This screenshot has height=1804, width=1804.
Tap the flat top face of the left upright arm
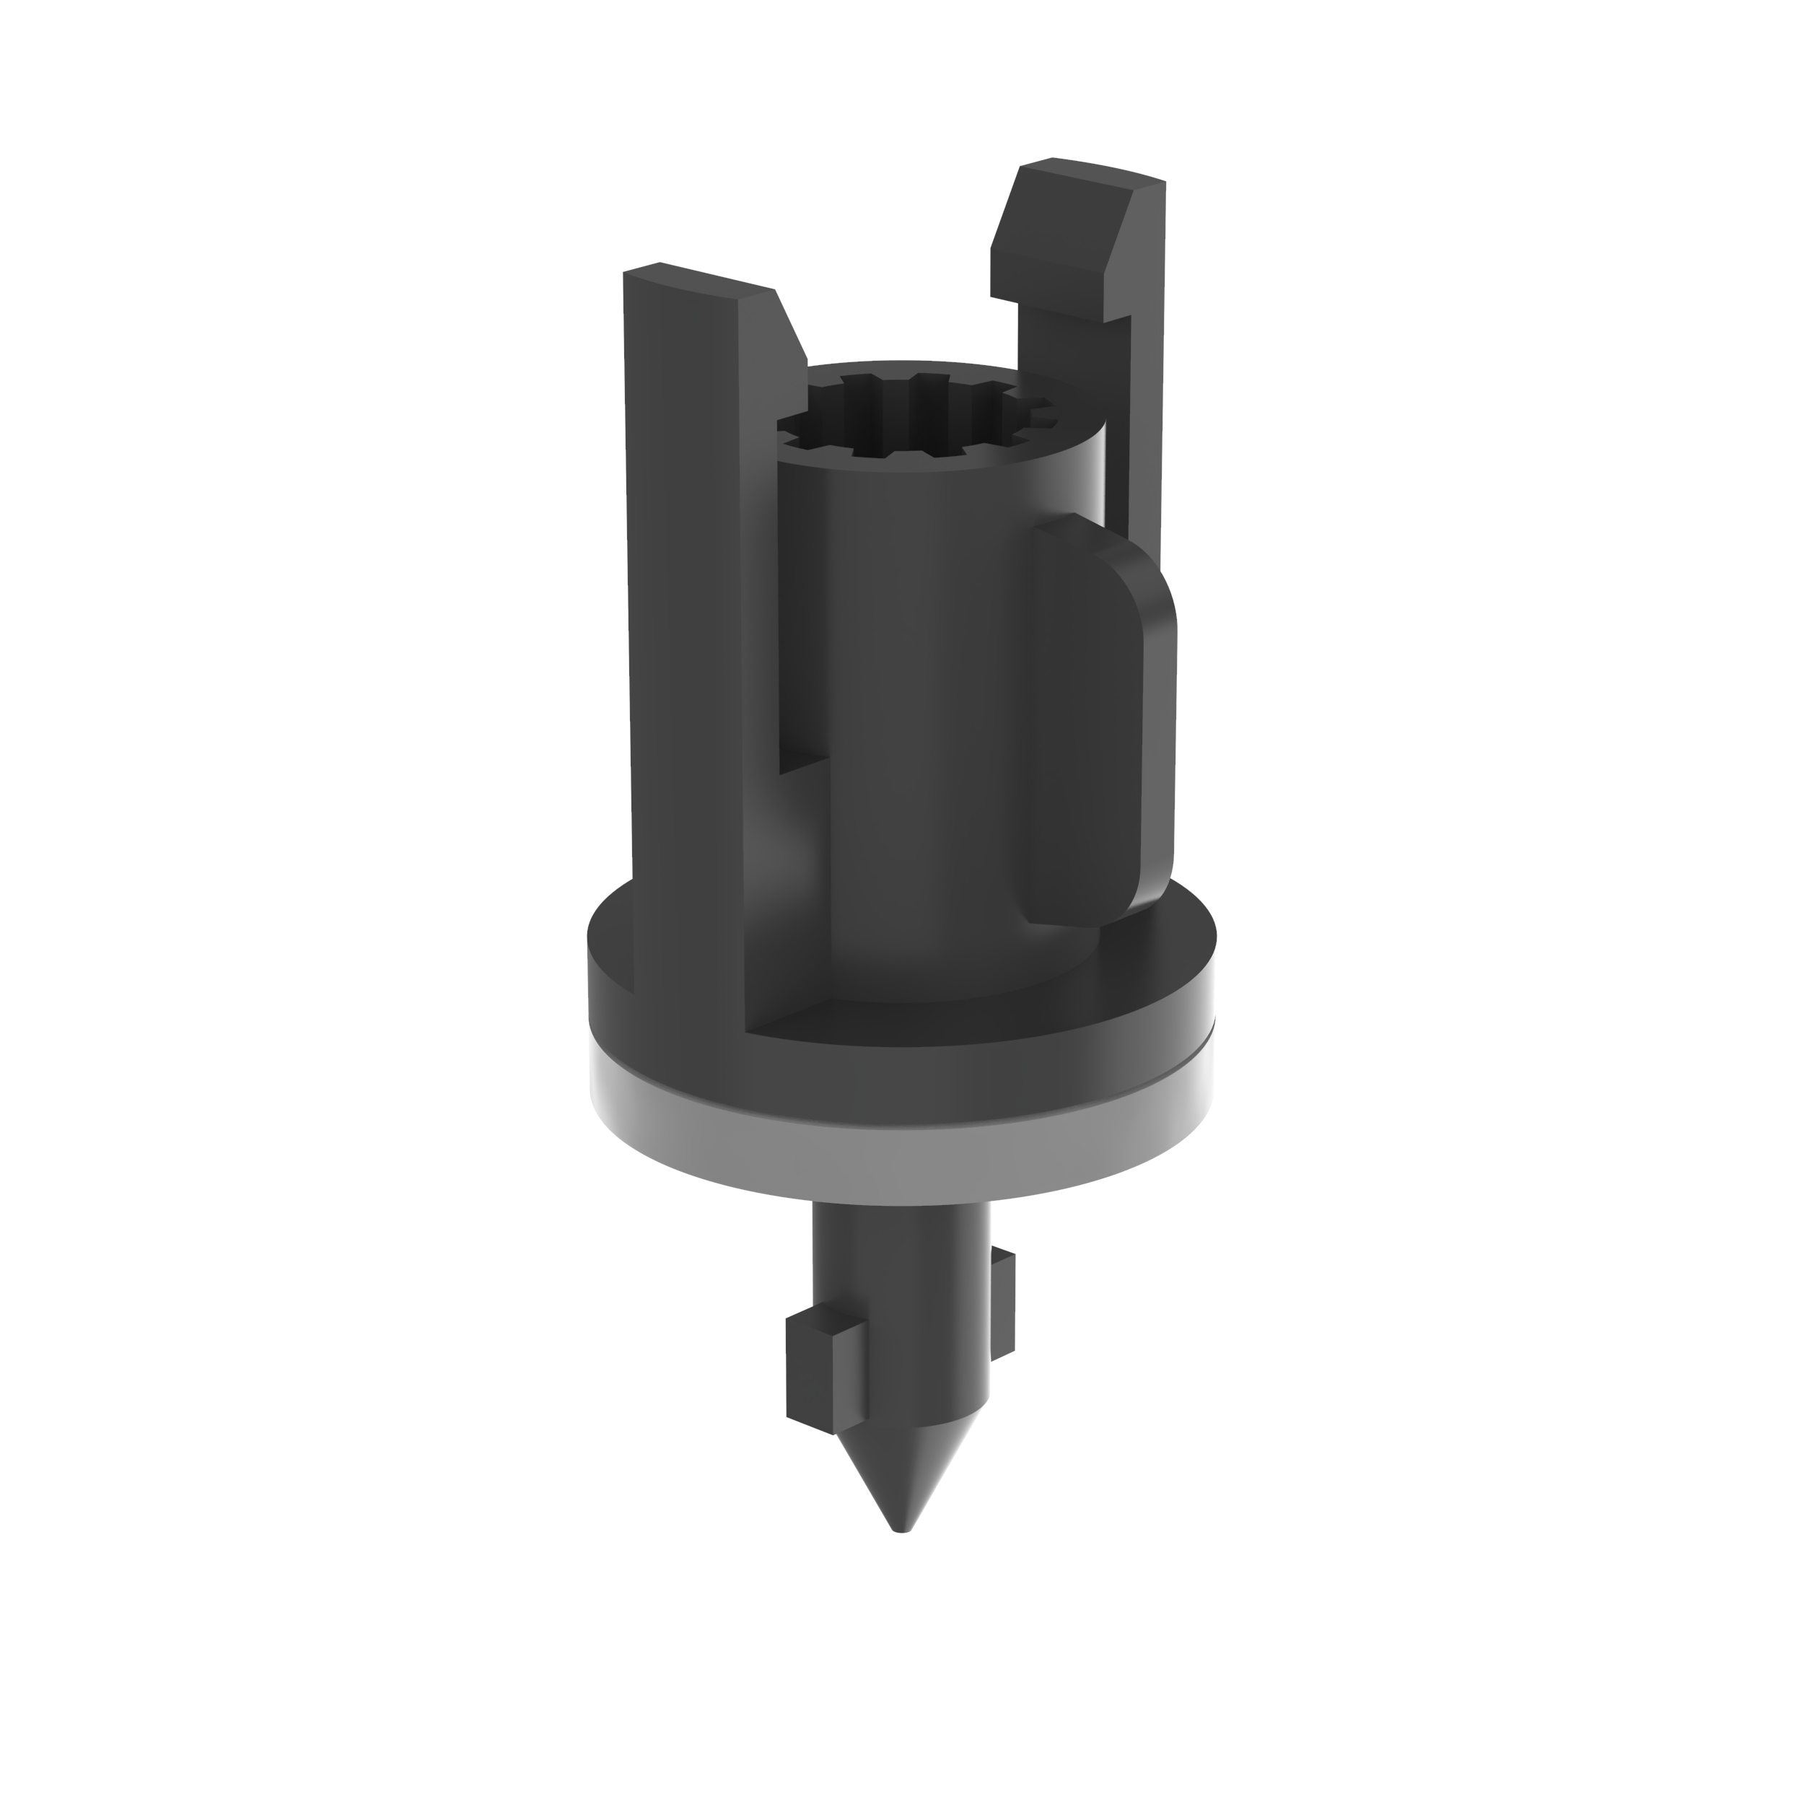[x=696, y=280]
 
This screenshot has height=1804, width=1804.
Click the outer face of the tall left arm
[x=686, y=654]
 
